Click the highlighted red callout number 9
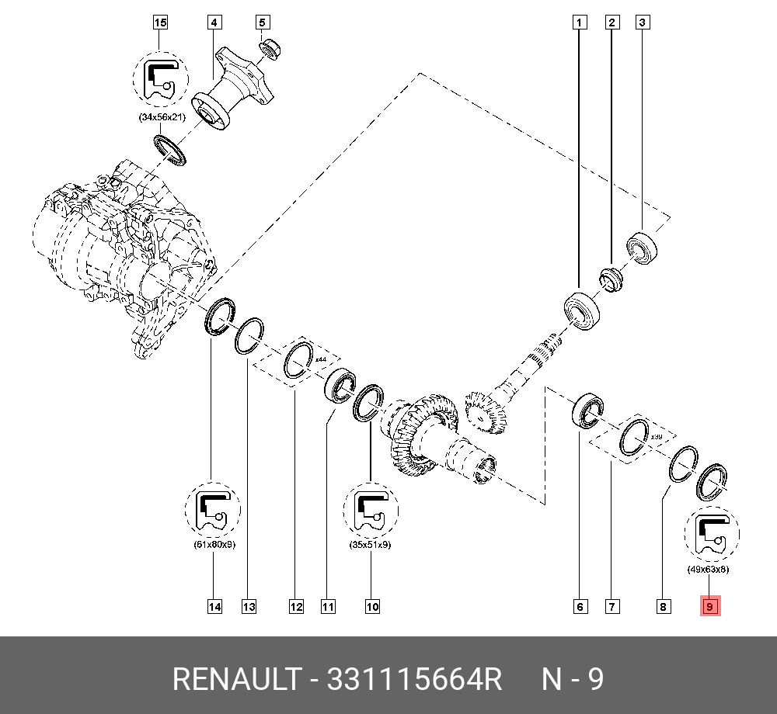coord(711,607)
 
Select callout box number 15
coord(160,23)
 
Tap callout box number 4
coord(214,23)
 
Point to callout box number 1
coord(579,23)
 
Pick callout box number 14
coord(214,607)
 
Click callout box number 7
coord(613,607)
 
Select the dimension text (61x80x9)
coord(213,545)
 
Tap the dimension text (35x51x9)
coord(371,545)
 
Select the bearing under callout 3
coord(643,248)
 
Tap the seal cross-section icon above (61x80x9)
coord(213,510)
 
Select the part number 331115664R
coord(415,680)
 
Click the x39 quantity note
coord(657,436)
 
